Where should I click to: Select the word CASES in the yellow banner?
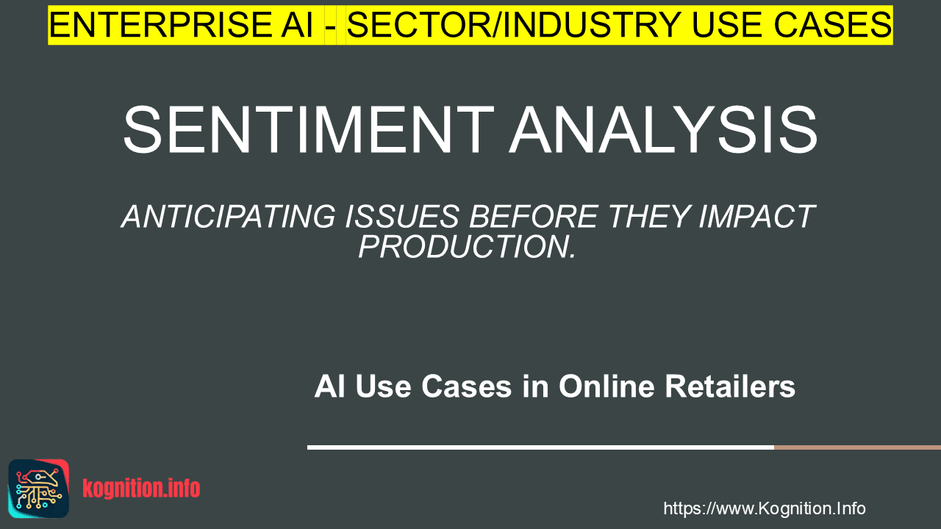pos(833,25)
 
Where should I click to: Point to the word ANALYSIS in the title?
pos(664,130)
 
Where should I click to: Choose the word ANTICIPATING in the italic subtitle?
pos(229,217)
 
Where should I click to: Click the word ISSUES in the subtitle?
pos(402,217)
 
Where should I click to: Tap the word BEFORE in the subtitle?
pos(534,217)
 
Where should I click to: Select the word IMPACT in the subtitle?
pos(757,217)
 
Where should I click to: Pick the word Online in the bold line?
pos(607,386)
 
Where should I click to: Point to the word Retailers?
pos(730,386)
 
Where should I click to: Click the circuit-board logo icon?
pos(39,489)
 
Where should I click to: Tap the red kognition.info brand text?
pos(141,489)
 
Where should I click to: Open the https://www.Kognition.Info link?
pos(765,508)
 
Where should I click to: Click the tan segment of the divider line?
pos(857,447)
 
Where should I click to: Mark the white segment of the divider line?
pos(540,447)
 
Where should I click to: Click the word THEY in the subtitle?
pos(648,217)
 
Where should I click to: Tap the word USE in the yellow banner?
pos(728,25)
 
